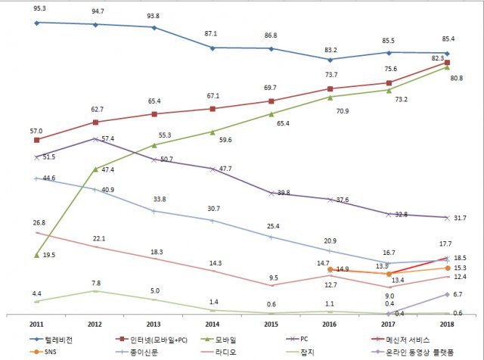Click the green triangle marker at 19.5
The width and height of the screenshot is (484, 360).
coord(37,255)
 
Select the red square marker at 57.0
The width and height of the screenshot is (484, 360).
coord(37,140)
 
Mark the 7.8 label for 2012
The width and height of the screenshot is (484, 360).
coord(96,281)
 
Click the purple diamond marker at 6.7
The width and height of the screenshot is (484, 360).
coord(447,294)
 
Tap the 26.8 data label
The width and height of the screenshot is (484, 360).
coord(39,222)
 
